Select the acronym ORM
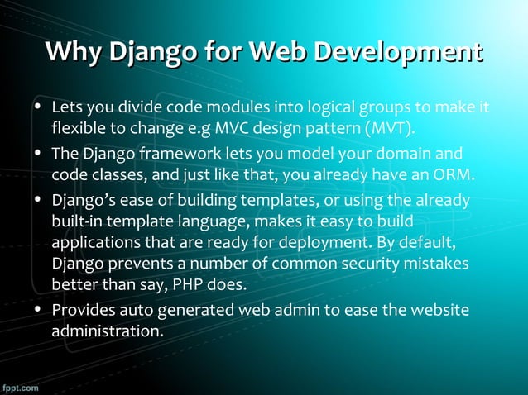(454, 175)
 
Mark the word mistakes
(437, 265)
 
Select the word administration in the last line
(105, 331)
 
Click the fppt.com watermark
(22, 387)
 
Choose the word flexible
(79, 130)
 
